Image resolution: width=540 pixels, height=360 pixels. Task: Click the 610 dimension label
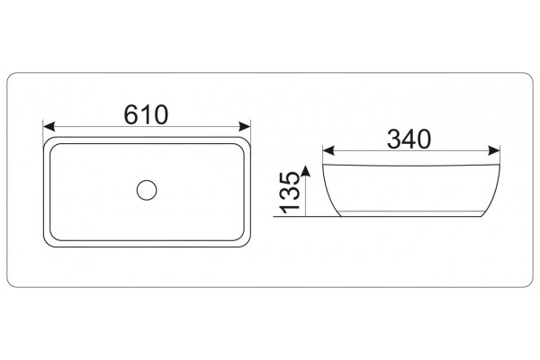(x=146, y=114)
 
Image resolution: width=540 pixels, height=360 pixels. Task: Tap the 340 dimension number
(x=409, y=139)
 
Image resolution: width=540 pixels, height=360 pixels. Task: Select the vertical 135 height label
(x=289, y=193)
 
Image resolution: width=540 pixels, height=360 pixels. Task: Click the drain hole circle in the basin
(x=147, y=190)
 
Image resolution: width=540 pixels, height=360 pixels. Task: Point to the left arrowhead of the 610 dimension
(x=49, y=126)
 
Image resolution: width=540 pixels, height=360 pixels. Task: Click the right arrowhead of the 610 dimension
(x=245, y=126)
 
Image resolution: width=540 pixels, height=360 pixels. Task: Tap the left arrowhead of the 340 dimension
(x=328, y=150)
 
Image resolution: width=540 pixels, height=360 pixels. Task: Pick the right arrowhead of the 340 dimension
(x=494, y=150)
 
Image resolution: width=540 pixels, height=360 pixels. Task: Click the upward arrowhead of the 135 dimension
(x=305, y=171)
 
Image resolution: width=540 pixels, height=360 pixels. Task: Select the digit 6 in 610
(x=130, y=114)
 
